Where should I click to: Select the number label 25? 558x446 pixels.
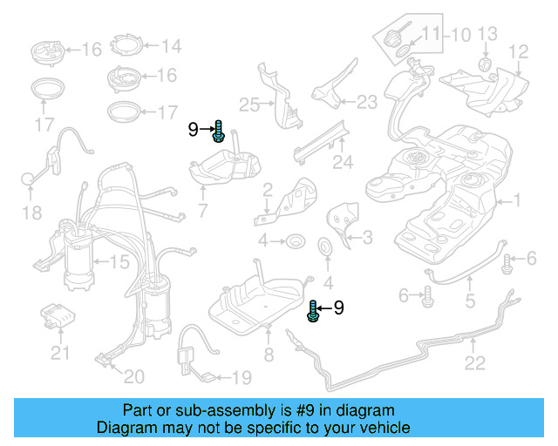(249, 105)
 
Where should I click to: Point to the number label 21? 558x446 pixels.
(59, 353)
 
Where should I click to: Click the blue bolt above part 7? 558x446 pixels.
(220, 132)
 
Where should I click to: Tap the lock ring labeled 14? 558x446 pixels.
(128, 46)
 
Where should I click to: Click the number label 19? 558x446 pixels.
(240, 378)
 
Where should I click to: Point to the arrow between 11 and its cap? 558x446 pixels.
(409, 35)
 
